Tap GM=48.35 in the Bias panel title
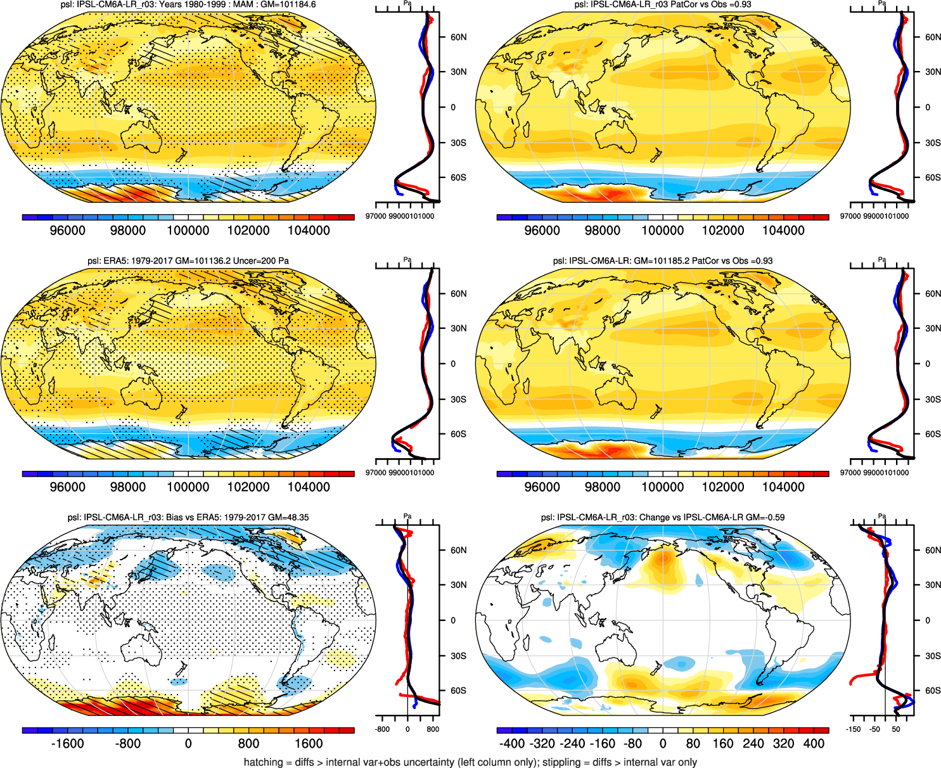pos(288,518)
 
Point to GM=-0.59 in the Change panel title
pos(765,518)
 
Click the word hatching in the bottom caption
pos(262,762)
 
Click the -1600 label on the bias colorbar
pos(67,744)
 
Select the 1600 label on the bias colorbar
pos(309,744)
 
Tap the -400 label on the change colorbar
pos(512,744)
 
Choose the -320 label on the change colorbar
pos(542,744)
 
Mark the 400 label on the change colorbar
pos(814,744)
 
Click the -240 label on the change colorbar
pos(572,744)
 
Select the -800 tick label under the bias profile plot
pos(382,729)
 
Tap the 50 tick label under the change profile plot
pos(896,729)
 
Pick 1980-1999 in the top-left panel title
pos(204,4)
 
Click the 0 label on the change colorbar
pos(663,744)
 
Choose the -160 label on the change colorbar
pos(603,744)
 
